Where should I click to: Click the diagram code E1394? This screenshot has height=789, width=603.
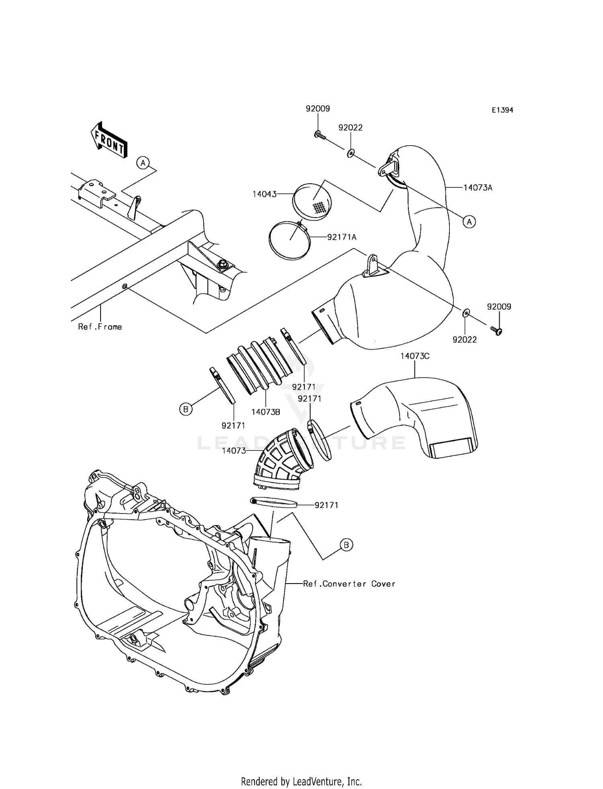pos(502,110)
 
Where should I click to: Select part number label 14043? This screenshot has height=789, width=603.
pos(265,194)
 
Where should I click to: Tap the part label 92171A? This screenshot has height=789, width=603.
pos(342,237)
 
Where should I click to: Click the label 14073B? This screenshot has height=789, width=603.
pos(266,412)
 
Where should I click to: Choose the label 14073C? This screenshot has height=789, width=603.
pos(415,356)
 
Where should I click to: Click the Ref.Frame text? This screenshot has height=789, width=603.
pos(100,327)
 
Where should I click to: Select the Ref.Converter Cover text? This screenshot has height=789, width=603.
pos(349,584)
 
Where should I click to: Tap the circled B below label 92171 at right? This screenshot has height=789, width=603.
pos(346,545)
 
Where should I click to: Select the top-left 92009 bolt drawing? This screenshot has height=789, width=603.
pos(319,135)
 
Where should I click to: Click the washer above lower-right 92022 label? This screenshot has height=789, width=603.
pos(465,312)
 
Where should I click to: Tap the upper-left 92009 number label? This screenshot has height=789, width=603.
pos(318,109)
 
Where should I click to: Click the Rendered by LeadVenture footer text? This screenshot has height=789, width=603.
pos(301,781)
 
